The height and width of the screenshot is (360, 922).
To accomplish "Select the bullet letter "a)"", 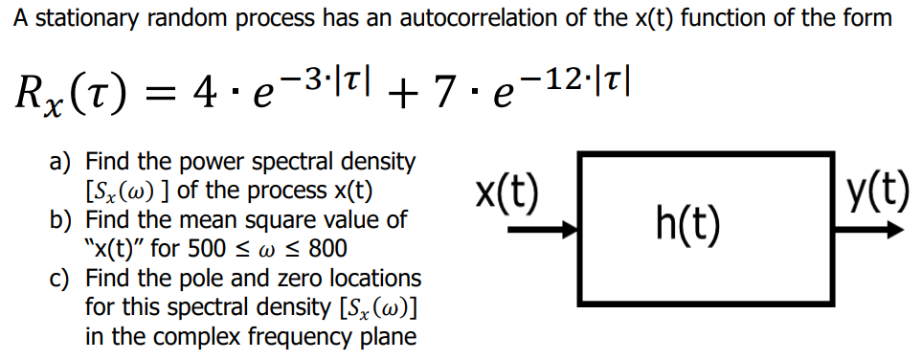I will (x=60, y=162).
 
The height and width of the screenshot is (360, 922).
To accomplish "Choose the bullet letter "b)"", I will (x=60, y=220).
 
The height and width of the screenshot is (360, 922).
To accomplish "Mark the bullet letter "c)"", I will (x=59, y=280).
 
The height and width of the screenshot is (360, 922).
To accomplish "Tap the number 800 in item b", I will (x=327, y=249).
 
